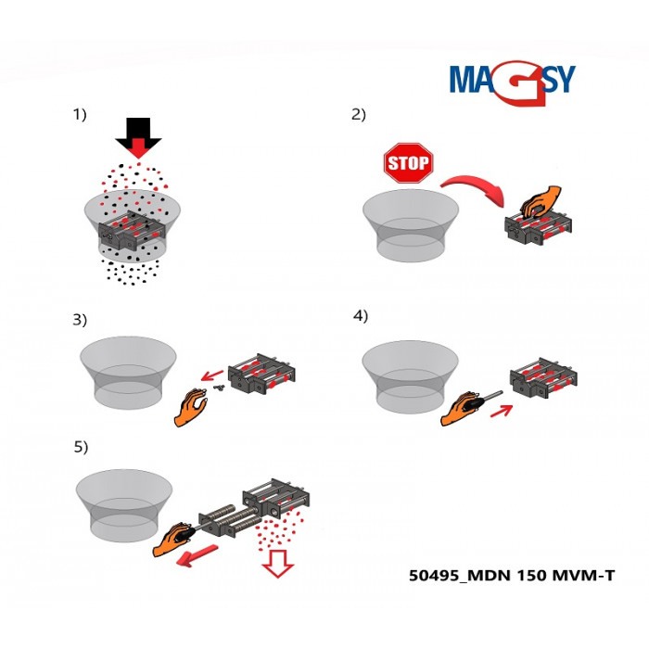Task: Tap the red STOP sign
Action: [x=408, y=164]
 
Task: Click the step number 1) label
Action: [x=80, y=115]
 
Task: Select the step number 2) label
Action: [x=358, y=115]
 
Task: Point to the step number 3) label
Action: [x=80, y=320]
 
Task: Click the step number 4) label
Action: [x=361, y=315]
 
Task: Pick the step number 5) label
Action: [x=81, y=447]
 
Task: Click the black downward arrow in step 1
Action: [x=138, y=134]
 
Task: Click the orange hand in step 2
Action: [x=539, y=200]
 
